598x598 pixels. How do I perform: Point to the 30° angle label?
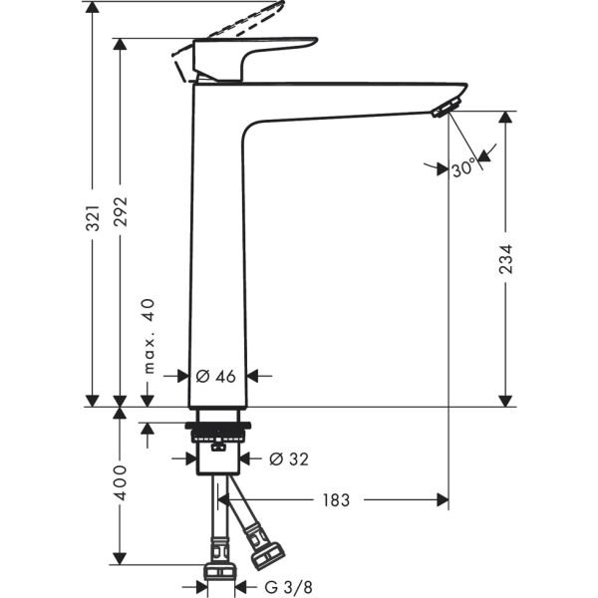462,169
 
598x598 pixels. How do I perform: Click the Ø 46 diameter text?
216,376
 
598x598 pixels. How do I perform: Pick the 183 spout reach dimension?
336,499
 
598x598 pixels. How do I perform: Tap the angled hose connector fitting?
265,546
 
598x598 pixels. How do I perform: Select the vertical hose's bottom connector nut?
219,570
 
